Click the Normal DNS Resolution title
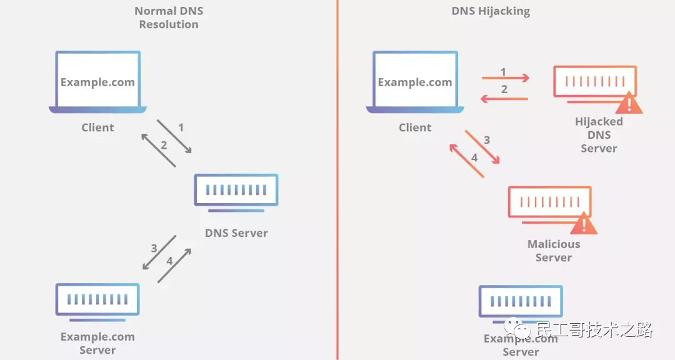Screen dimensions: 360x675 coord(169,18)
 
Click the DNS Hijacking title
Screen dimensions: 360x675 coord(490,11)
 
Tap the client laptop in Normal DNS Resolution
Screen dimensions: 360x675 coord(97,82)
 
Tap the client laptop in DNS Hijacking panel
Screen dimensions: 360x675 coord(415,82)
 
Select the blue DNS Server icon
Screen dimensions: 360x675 coord(236,189)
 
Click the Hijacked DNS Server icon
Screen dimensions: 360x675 coord(594,82)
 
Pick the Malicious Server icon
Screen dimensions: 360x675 coord(549,202)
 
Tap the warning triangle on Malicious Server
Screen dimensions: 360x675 coord(584,223)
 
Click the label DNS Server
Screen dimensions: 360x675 coord(236,233)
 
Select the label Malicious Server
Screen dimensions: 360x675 coord(554,251)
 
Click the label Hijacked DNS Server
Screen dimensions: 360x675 coord(599,135)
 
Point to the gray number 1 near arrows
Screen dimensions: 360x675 coord(181,127)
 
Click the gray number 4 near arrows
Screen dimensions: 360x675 coord(169,260)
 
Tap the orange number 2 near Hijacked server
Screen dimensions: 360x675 coord(504,89)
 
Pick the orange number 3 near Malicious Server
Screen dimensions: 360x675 coord(487,140)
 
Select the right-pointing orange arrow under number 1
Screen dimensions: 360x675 coord(506,79)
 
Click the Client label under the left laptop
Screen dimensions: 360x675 coord(97,127)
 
